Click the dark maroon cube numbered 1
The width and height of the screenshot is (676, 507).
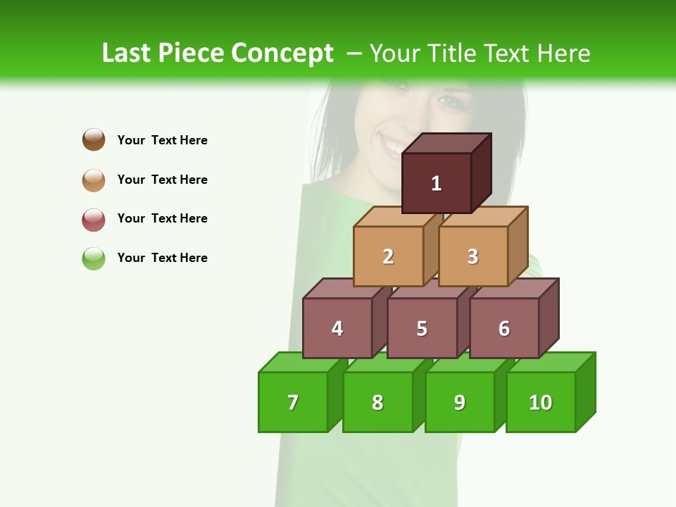(437, 183)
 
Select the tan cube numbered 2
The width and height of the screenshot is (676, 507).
(388, 256)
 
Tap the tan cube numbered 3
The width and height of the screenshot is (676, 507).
(472, 256)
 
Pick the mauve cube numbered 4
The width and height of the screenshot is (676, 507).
(337, 328)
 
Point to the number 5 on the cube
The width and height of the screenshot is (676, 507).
(422, 328)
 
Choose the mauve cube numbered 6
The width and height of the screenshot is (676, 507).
(504, 328)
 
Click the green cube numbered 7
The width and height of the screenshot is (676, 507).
(293, 402)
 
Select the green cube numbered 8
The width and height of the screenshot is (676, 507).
(377, 402)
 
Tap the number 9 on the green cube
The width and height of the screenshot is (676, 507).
(459, 402)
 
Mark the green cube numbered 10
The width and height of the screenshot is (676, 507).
(540, 402)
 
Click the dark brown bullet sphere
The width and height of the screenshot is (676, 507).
(94, 139)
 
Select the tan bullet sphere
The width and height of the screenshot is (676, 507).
(94, 180)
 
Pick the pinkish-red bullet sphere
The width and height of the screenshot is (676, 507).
(94, 219)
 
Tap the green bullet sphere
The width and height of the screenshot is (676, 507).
(94, 258)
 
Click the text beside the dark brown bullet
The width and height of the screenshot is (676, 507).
(163, 140)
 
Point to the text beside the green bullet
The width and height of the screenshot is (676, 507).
(163, 258)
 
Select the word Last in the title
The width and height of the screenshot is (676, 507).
(127, 54)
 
